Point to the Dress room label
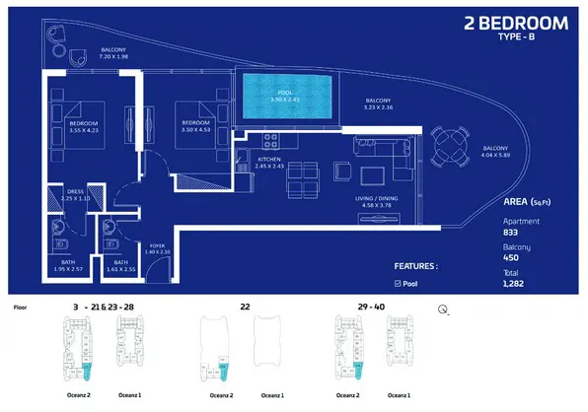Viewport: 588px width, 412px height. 73,195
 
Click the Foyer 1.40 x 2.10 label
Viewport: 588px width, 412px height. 159,249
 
